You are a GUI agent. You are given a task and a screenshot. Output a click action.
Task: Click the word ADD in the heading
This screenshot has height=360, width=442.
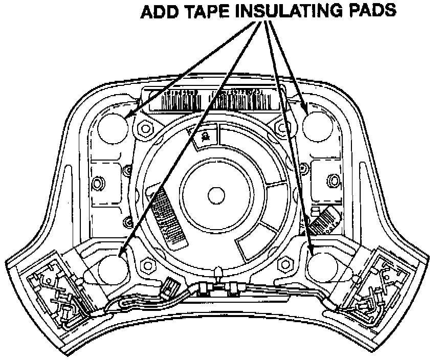coord(157,12)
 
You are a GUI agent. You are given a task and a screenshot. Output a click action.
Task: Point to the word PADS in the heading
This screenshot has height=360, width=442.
coord(367,12)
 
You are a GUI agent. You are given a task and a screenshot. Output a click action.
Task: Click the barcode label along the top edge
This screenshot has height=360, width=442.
coord(212,98)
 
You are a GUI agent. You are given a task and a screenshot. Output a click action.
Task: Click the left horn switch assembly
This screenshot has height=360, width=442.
coord(54,292)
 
